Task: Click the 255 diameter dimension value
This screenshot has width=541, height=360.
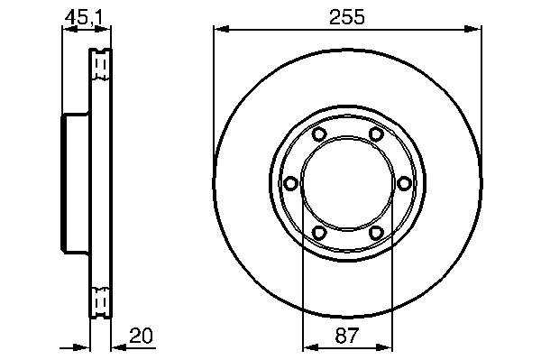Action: point(347,17)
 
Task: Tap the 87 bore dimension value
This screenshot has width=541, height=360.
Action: point(347,335)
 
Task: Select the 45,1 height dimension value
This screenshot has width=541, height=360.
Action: point(83,17)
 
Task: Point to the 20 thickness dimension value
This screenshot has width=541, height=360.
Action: point(141,335)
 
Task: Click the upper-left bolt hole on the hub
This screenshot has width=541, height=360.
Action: point(319,134)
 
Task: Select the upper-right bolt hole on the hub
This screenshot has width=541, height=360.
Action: point(376,134)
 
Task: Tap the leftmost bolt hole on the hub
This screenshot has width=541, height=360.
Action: point(291,183)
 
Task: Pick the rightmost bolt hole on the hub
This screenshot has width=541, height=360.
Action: point(404,183)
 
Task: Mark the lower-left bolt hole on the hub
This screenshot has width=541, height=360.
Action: point(319,232)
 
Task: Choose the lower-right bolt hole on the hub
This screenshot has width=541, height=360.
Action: point(376,232)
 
